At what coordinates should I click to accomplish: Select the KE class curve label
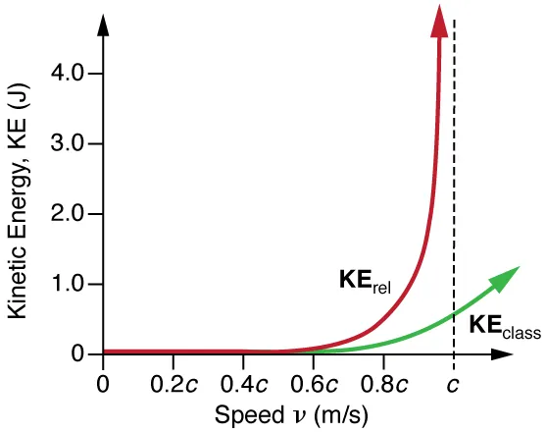pyautogui.click(x=503, y=327)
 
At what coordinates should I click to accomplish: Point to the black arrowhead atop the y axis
pyautogui.click(x=104, y=22)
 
